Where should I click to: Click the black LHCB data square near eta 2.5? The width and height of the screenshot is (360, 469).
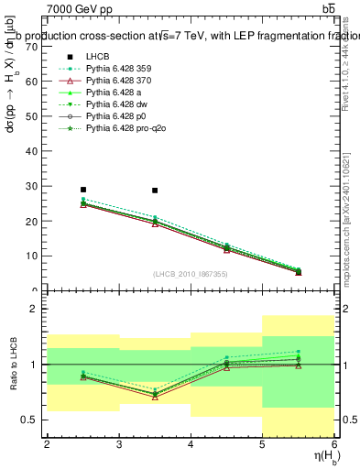(83, 190)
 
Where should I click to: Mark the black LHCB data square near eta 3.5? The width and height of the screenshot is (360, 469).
(155, 191)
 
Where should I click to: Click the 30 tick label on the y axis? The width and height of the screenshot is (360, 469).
(34, 186)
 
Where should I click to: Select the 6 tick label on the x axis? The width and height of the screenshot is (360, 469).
(334, 444)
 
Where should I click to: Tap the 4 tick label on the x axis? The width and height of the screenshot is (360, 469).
(191, 444)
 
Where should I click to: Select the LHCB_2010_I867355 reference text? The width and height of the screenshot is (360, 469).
(191, 275)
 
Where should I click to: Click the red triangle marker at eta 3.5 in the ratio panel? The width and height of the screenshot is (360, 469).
(155, 397)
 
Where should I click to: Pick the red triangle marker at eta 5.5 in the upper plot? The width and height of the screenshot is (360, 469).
(299, 272)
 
